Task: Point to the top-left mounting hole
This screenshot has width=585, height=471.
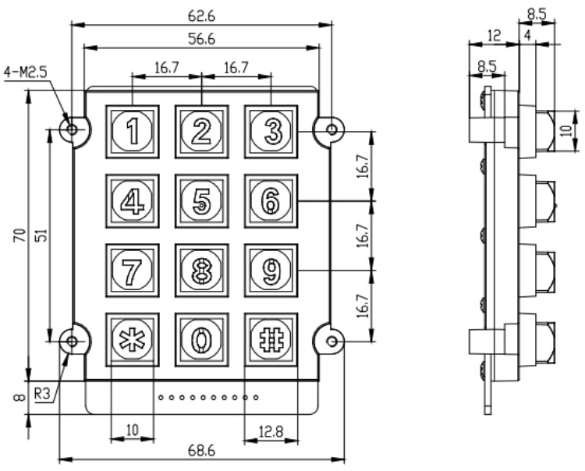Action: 73,129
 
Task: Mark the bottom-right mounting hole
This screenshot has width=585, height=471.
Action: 331,342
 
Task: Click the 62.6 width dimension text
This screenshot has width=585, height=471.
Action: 198,12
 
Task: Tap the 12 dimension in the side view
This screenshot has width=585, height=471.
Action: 492,37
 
